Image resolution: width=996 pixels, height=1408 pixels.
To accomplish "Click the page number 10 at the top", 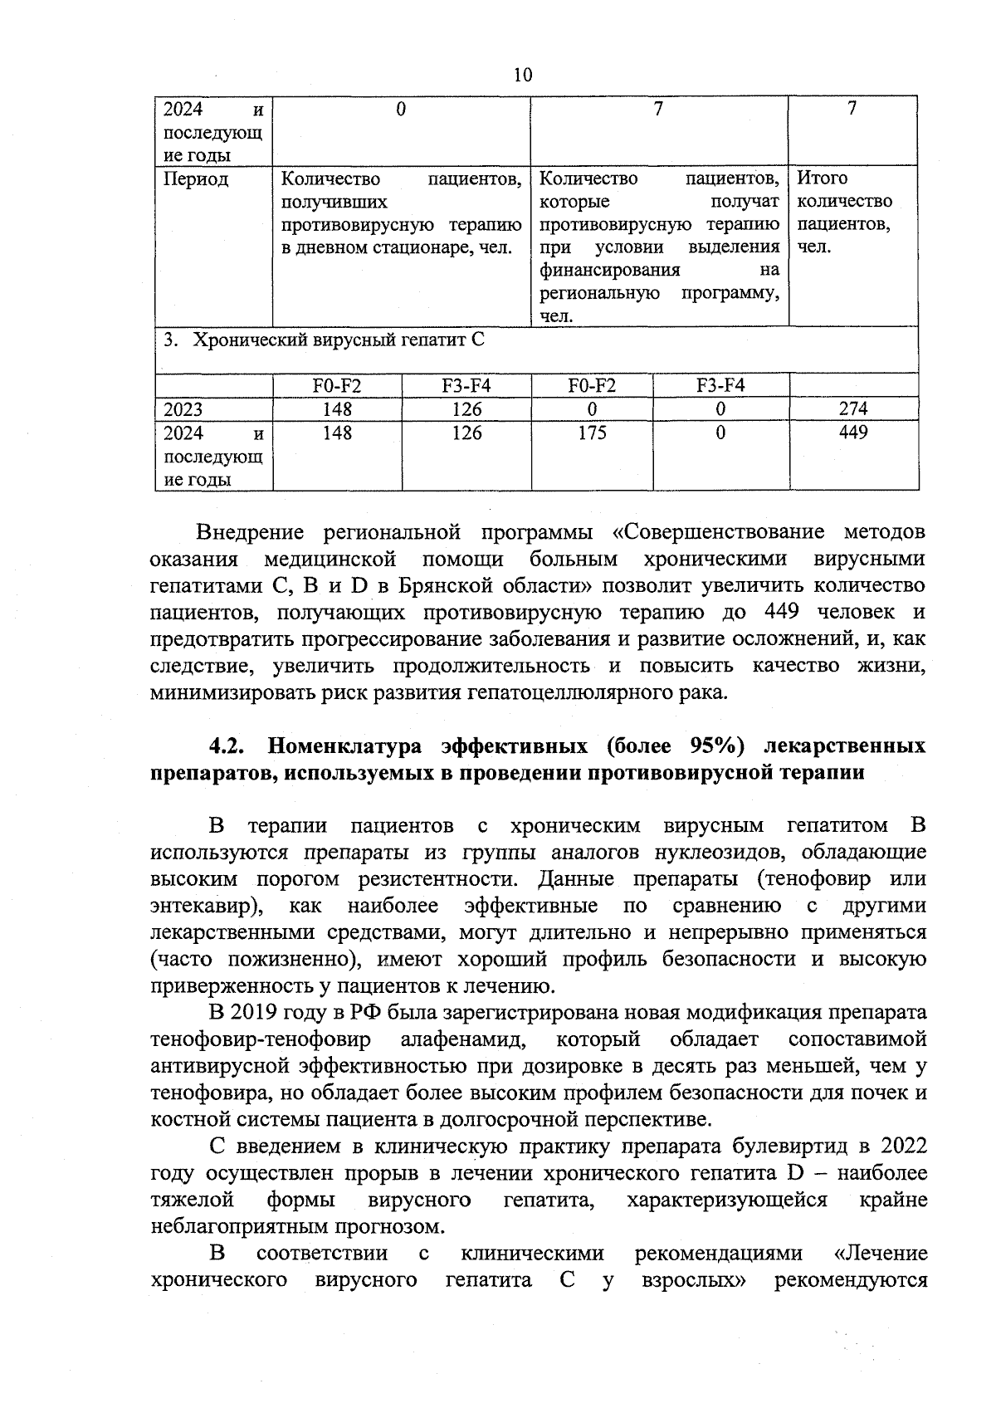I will coord(522,76).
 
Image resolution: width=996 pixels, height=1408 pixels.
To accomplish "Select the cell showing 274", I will coord(853,408).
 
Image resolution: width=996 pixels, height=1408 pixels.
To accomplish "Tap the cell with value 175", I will coord(592,433).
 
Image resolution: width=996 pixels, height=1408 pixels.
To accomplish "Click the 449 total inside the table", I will coord(853,433).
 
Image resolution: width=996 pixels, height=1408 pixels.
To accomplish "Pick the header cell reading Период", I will coord(196,178).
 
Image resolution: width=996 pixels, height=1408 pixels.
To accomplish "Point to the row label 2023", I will coord(183,409).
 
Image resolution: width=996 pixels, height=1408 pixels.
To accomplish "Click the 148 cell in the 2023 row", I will coord(338,409).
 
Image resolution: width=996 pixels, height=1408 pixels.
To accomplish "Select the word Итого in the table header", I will coord(823,178).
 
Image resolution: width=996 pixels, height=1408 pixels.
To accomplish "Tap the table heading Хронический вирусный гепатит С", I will coord(338,340).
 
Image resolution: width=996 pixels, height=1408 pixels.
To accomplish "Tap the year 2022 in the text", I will coord(903,1146).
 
